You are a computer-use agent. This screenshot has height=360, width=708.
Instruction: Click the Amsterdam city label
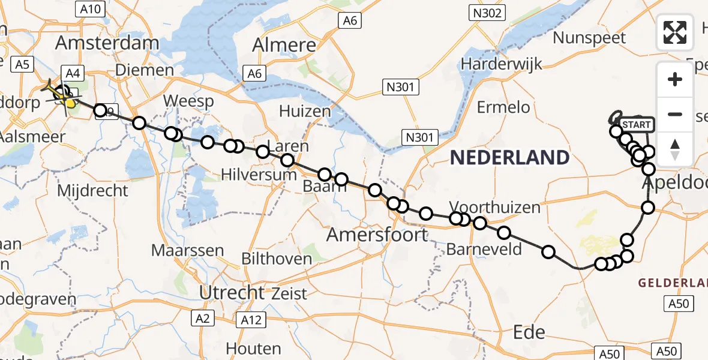coord(107,43)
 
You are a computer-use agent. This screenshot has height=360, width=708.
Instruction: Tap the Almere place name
coord(284,45)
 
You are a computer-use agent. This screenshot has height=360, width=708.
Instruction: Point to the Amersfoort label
coord(377,235)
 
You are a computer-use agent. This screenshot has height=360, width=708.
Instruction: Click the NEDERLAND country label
coord(509,158)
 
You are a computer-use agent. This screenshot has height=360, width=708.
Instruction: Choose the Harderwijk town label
coord(502,64)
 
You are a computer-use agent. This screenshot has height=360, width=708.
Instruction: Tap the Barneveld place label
coord(484,249)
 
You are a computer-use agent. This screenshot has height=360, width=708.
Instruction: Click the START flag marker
coord(636,125)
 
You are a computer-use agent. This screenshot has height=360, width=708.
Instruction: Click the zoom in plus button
coord(676,79)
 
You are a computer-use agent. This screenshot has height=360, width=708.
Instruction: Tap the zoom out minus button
coord(676,114)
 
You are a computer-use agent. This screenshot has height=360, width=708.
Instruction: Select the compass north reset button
coord(676,149)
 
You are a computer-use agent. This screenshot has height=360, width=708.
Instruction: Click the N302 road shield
coord(487,13)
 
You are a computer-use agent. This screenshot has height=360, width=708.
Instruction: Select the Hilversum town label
coord(259,175)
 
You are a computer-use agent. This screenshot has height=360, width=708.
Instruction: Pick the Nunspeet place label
coord(589,38)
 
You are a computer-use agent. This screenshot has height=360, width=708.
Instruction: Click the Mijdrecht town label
coord(92,191)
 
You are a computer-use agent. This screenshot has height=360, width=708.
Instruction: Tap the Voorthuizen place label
coord(494,208)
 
